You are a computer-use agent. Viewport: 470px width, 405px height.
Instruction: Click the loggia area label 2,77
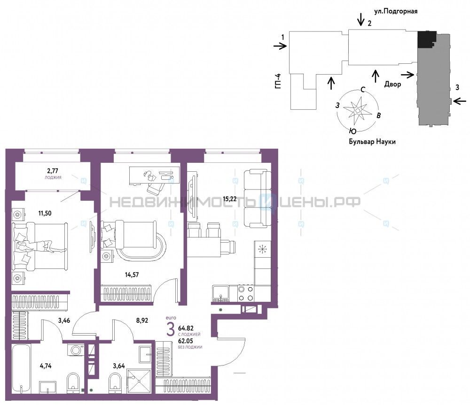[53, 171]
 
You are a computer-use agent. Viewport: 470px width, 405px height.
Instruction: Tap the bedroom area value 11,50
[45, 214]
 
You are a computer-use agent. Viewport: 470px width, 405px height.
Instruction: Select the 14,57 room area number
[132, 275]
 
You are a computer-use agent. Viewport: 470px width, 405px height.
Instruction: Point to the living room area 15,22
[230, 199]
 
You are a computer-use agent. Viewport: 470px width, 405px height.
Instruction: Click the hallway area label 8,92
[142, 320]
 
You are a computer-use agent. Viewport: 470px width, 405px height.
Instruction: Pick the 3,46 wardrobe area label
[64, 321]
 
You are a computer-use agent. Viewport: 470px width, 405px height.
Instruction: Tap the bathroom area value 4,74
[46, 366]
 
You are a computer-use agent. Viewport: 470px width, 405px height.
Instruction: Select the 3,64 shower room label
[119, 366]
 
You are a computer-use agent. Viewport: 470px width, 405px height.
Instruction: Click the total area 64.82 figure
[186, 329]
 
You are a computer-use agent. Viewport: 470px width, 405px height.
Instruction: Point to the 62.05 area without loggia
[186, 341]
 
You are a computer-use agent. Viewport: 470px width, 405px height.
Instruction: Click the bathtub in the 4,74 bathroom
[21, 369]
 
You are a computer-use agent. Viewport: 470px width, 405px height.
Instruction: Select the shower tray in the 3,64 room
[139, 382]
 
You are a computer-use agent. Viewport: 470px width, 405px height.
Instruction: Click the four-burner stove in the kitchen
[245, 294]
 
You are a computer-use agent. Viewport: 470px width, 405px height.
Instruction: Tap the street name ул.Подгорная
[396, 11]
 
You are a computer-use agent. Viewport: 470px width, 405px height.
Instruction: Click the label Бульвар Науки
[372, 142]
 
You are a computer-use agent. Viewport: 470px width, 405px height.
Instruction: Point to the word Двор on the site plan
[392, 84]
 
